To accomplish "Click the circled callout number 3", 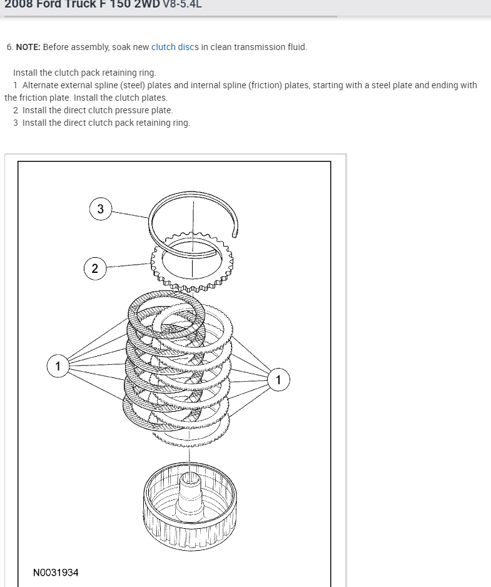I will pos(101,209).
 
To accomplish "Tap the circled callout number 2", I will pos(95,268).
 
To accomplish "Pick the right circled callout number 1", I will pos(278,379).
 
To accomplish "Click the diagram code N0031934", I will pos(56,573).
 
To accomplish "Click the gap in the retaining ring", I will pos(236,233).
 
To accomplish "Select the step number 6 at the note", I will pos(9,47).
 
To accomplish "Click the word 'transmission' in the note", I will pos(259,47).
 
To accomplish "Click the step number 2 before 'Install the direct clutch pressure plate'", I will pos(16,110).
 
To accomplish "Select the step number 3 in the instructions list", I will pos(16,123).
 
